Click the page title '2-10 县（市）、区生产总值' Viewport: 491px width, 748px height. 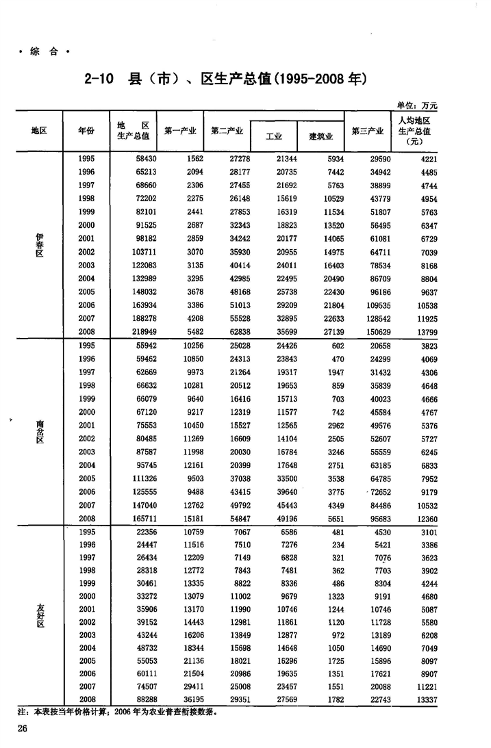[225, 79]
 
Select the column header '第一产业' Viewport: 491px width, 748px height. [181, 131]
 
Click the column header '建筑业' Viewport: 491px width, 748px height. [320, 136]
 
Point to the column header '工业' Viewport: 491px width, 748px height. [274, 136]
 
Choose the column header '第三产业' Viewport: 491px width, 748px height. [367, 131]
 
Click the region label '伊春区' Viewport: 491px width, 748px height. [40, 244]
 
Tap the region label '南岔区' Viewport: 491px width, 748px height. [40, 432]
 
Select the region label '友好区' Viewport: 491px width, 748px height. [40, 617]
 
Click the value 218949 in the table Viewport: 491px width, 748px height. [136, 332]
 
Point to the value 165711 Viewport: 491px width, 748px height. [136, 519]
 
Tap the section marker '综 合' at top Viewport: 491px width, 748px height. [45, 51]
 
